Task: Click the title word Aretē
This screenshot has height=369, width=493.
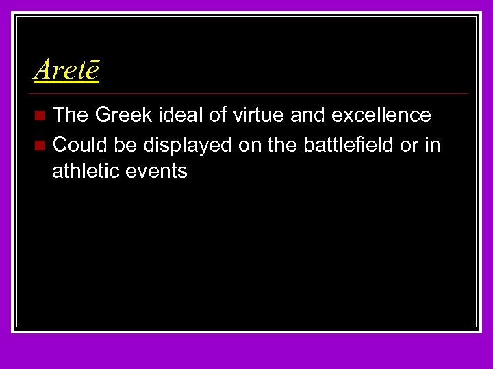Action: click(66, 68)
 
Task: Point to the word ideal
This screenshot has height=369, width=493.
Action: click(178, 115)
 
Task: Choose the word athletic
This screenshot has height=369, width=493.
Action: click(86, 170)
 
